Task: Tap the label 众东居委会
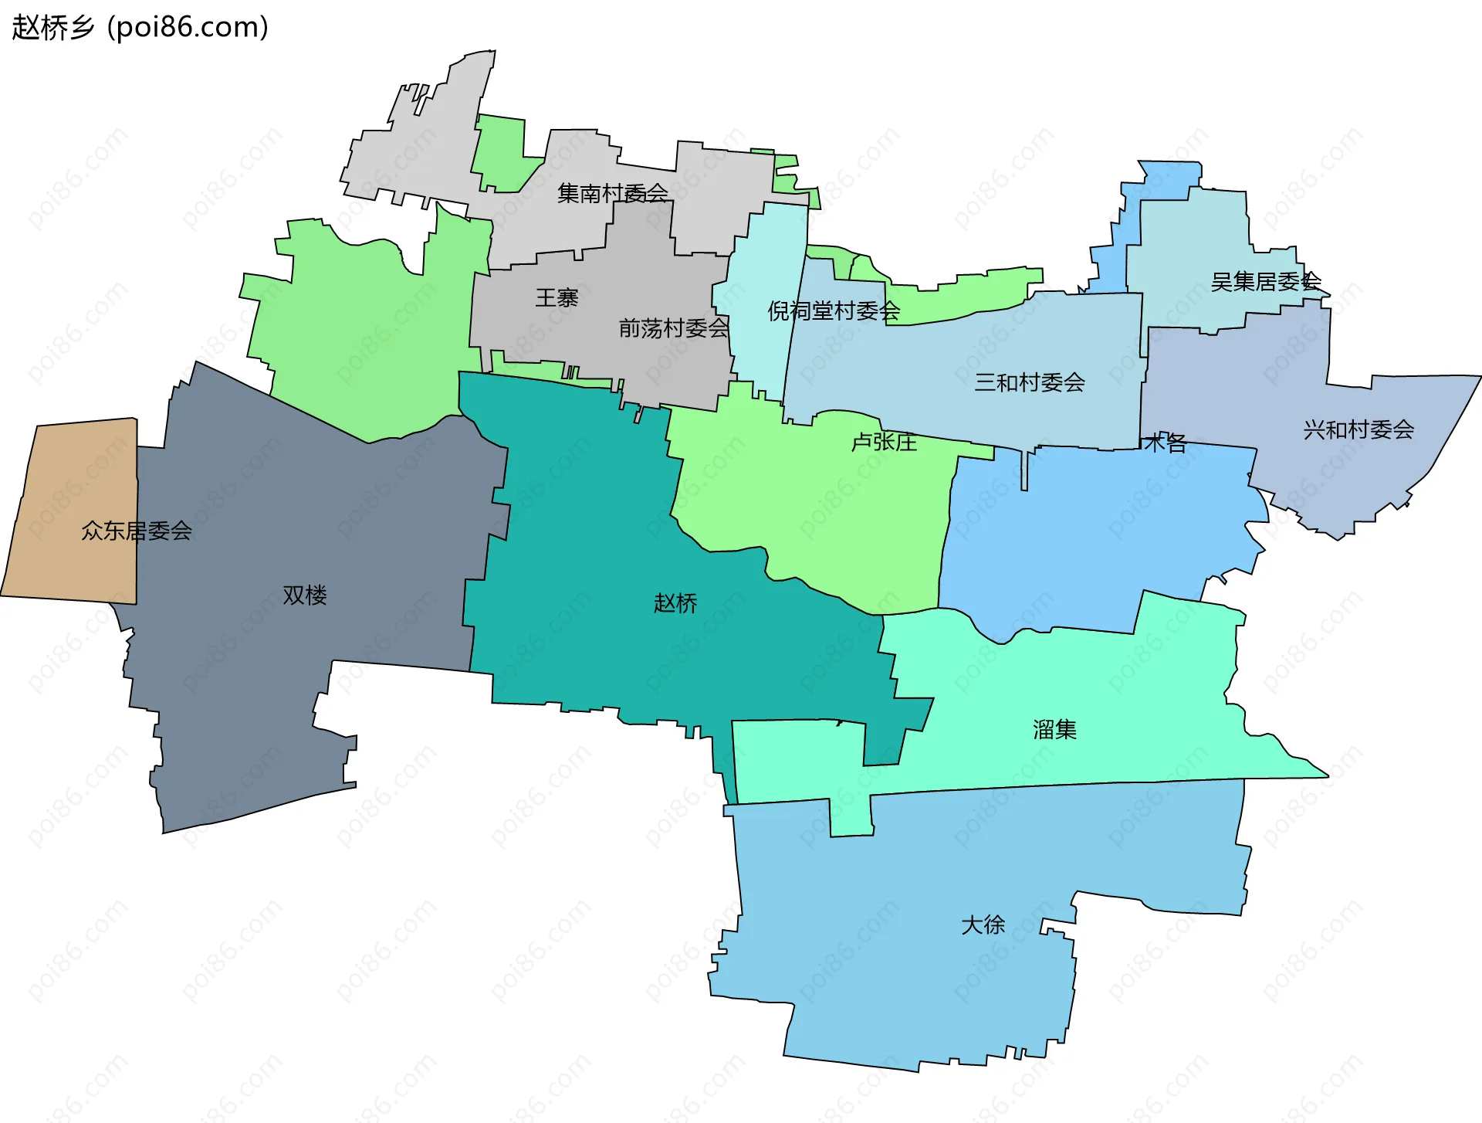pos(137,531)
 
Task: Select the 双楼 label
pos(305,595)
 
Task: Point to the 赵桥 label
pos(675,602)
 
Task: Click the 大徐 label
pos(983,925)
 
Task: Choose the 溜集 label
pos(1054,729)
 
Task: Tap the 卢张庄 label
pos(884,442)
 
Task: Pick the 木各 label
pos(1165,443)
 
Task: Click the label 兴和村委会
pos(1358,429)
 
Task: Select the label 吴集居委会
pos(1266,282)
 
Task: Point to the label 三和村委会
pos(1030,382)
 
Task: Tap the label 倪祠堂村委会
pos(834,310)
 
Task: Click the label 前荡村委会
pos(674,328)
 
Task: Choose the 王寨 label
pos(557,297)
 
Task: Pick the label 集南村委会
pos(613,193)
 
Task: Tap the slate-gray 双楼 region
pos(255,695)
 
